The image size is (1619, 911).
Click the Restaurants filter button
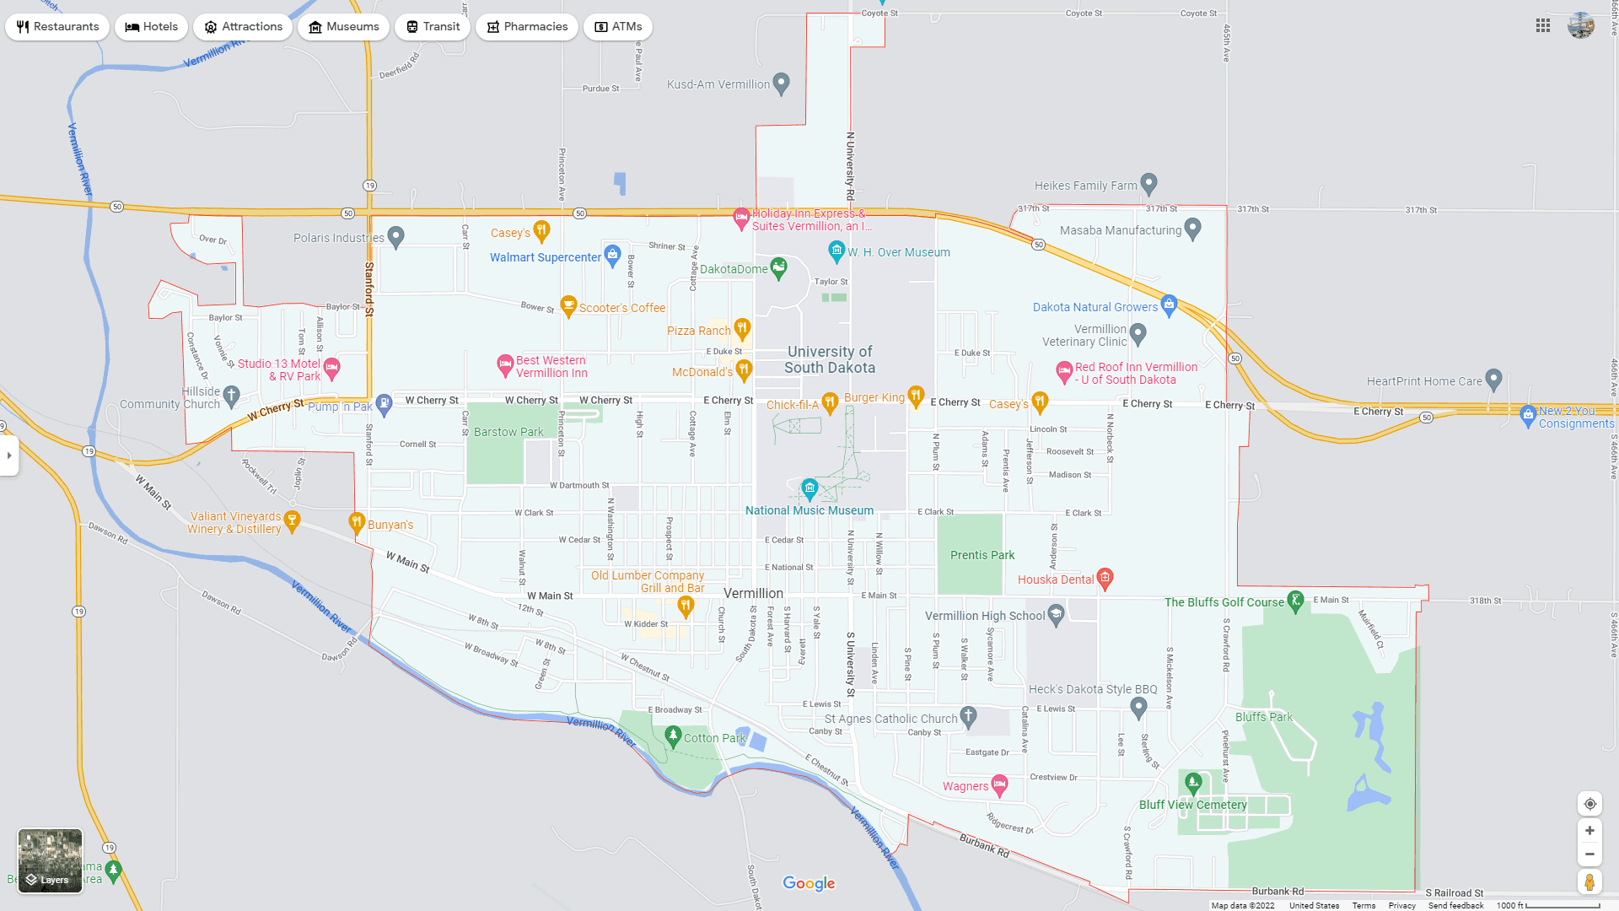[x=57, y=27]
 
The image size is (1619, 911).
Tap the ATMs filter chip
[x=617, y=27]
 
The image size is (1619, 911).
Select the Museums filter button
[x=343, y=27]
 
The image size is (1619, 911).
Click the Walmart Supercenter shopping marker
[x=613, y=254]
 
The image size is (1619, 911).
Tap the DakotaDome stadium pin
[x=778, y=267]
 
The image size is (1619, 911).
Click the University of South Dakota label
[x=830, y=359]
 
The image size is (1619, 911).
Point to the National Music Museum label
[x=809, y=510]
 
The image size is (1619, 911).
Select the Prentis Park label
[x=982, y=555]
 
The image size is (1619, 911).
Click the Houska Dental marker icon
[x=1105, y=578]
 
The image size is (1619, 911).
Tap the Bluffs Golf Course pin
[x=1296, y=601]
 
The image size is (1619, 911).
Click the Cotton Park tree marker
[x=673, y=736]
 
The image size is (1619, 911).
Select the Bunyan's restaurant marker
[x=357, y=523]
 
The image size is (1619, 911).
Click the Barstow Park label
[x=508, y=432]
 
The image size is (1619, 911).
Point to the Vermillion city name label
[x=753, y=593]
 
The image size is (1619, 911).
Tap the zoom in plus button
[x=1589, y=831]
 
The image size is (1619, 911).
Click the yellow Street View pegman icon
[x=1589, y=882]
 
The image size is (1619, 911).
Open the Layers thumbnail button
[x=51, y=860]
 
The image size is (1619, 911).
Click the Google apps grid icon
[x=1543, y=26]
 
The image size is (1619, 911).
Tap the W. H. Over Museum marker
[x=836, y=251]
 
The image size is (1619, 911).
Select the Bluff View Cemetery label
[x=1192, y=805]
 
